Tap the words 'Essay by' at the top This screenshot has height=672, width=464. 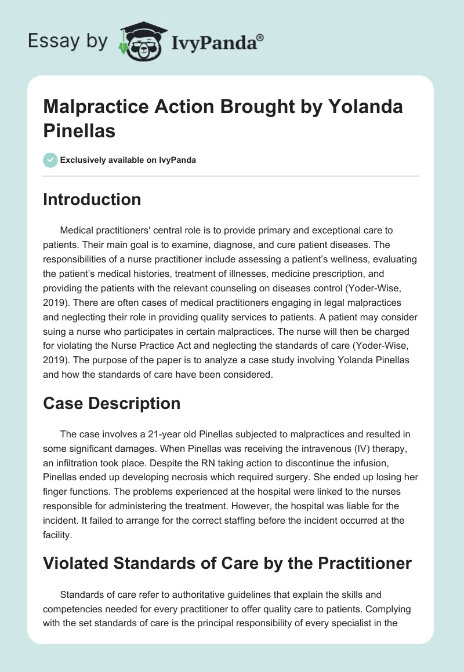click(68, 41)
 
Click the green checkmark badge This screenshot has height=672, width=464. click(50, 160)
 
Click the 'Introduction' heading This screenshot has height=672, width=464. click(92, 199)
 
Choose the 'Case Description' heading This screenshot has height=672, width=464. click(112, 403)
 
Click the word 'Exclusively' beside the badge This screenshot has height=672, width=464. click(86, 160)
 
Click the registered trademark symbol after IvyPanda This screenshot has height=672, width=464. click(260, 36)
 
